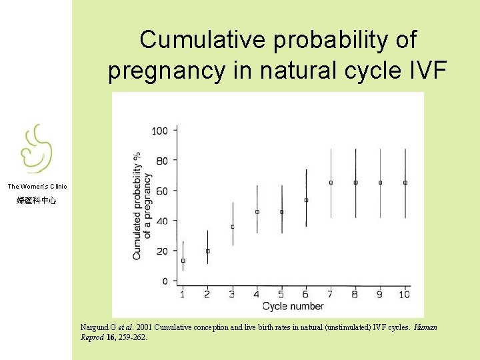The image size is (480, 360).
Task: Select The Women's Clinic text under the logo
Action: pos(37,187)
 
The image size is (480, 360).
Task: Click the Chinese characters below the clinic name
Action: pos(37,200)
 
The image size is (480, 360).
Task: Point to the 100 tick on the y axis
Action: pos(160,130)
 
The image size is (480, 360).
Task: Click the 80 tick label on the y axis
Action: pos(162,160)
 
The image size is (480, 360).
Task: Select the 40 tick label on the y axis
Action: pos(162,221)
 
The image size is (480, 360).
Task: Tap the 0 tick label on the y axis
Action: pos(165,281)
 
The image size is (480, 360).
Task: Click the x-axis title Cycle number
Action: pos(293,307)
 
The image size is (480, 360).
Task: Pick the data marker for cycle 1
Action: pos(183,261)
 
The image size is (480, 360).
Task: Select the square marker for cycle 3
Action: pos(232,227)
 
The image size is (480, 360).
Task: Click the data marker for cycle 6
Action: pos(306,200)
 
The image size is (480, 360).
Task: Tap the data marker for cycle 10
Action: pos(405,182)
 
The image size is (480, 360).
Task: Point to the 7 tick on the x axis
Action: pos(331,294)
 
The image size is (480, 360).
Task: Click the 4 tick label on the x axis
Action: pos(257,294)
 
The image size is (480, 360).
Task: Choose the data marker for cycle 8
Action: pos(355,182)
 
